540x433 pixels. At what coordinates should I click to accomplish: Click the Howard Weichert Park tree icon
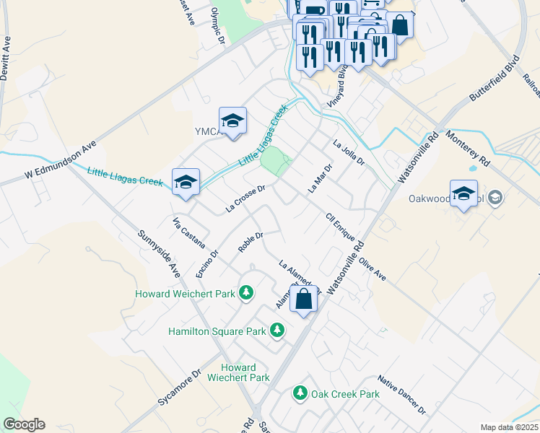(247, 293)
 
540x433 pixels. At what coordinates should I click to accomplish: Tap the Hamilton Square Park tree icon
(276, 330)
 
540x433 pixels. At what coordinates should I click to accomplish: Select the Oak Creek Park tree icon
(300, 394)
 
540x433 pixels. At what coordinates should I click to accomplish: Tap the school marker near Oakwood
(463, 193)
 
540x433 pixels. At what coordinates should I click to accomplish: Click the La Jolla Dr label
(349, 153)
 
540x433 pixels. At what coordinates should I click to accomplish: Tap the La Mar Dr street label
(318, 178)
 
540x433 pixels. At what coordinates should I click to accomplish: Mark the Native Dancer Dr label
(401, 394)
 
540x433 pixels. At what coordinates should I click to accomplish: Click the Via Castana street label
(188, 232)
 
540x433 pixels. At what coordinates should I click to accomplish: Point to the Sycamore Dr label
(177, 389)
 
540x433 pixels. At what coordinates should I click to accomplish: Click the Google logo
(24, 424)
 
